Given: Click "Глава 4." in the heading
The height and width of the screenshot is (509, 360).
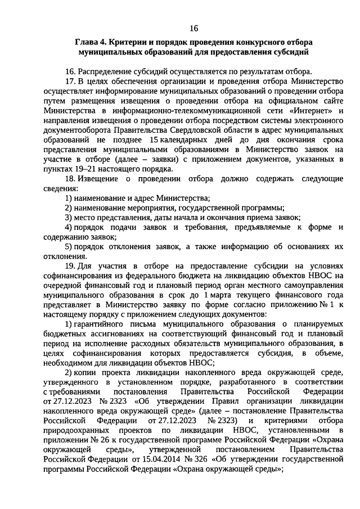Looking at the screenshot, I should pyautogui.click(x=91, y=43).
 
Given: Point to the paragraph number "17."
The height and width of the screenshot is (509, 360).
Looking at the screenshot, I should pyautogui.click(x=70, y=81).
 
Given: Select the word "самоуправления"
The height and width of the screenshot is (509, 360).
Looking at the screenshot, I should pyautogui.click(x=311, y=285).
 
